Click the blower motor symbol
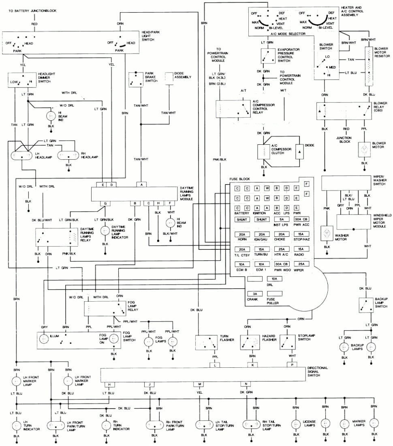tap(364, 149)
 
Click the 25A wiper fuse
tap(300, 264)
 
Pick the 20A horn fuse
tap(242, 234)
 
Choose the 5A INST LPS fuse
tap(280, 219)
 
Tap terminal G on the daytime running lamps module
tap(105, 203)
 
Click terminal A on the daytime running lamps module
tap(141, 184)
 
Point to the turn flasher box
tap(207, 343)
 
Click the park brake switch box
tap(135, 79)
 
